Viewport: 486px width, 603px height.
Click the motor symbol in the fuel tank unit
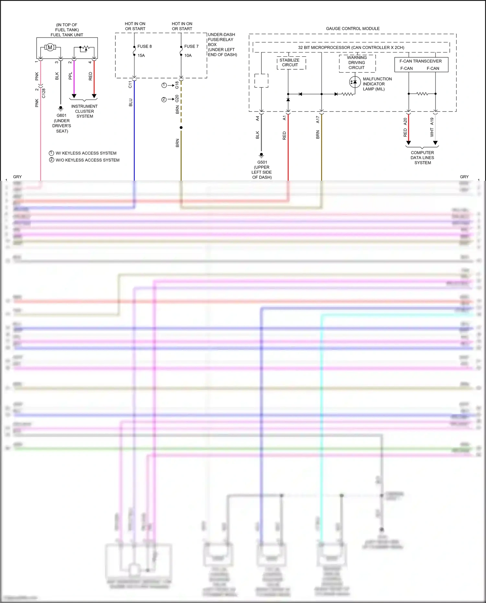pos(50,48)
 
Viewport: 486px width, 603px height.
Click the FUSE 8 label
pos(145,46)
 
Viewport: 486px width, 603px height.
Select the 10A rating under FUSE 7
pos(188,55)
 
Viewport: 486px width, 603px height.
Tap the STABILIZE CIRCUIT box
pos(290,63)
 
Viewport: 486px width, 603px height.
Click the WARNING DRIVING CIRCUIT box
pos(357,63)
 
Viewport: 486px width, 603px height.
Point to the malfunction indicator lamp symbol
pos(355,82)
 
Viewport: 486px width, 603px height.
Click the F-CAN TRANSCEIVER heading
pos(420,61)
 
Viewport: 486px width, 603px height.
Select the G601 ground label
pos(61,115)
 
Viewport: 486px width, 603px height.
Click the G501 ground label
pos(262,162)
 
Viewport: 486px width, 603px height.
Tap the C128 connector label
pos(44,93)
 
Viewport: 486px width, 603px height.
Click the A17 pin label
pos(318,120)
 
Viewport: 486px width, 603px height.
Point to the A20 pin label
pos(405,122)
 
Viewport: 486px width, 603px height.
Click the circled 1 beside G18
pos(164,85)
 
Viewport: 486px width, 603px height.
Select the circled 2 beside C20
pos(164,99)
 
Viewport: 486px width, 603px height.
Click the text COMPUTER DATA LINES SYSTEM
pos(422,157)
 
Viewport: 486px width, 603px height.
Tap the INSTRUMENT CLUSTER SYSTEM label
pos(84,111)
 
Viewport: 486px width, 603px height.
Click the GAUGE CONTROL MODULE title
pos(353,29)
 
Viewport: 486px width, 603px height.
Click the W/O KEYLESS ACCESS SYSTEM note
pos(87,160)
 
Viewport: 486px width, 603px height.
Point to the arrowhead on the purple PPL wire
pos(74,96)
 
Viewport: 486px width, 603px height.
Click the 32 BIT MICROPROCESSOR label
pos(351,47)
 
